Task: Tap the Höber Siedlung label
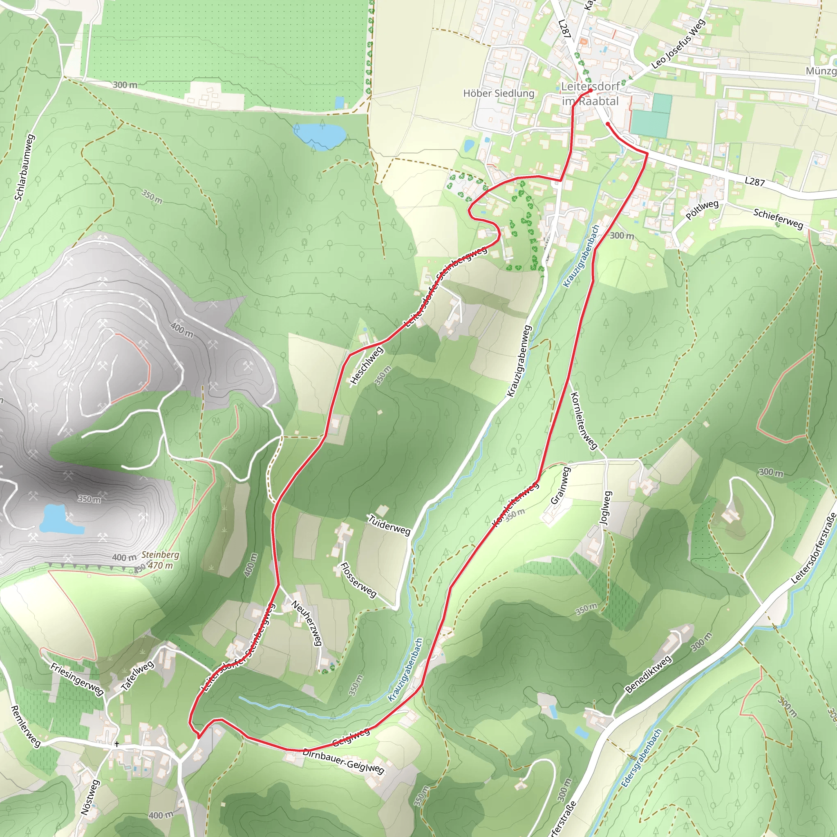pos(499,93)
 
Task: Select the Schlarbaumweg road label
pos(25,167)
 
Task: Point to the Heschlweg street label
pos(367,365)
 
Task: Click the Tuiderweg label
pos(389,525)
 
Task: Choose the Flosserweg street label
pos(358,580)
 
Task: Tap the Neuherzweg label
pos(307,622)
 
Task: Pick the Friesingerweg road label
pos(77,679)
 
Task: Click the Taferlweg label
pos(137,675)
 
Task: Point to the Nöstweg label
pos(91,797)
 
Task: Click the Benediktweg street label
pos(649,674)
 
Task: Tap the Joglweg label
pos(606,508)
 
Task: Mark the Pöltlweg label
pos(702,210)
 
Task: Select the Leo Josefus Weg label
pos(678,44)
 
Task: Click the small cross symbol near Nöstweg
pos(116,744)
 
